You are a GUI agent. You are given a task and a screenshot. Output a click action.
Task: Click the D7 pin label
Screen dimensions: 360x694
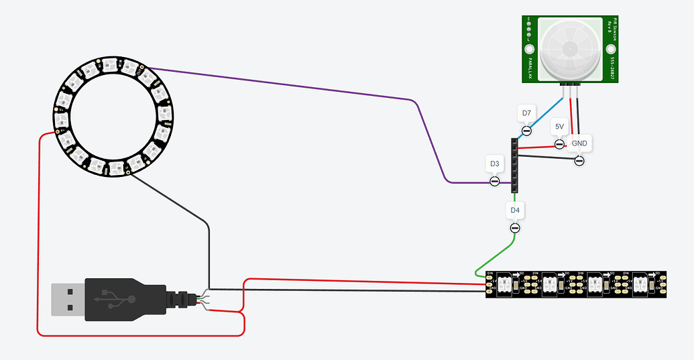[x=526, y=113]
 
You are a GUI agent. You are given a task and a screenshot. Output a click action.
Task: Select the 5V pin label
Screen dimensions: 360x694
[x=559, y=126]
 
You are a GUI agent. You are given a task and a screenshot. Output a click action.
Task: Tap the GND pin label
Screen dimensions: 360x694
[x=579, y=143]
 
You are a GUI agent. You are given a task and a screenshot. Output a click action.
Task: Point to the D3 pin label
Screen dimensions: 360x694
[x=494, y=164]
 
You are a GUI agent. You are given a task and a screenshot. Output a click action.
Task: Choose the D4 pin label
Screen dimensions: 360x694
[x=514, y=211]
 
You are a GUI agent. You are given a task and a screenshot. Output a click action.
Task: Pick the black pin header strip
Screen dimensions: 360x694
[x=514, y=165]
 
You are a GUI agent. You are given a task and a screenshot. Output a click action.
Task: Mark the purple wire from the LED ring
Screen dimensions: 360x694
[x=282, y=84]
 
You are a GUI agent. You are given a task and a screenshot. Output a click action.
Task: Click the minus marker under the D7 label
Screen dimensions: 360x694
[x=526, y=130]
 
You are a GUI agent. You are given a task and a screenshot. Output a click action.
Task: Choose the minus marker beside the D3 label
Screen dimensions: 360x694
[x=494, y=181]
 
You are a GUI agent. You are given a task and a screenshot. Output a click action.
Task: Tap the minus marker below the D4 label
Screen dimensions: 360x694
[x=514, y=228]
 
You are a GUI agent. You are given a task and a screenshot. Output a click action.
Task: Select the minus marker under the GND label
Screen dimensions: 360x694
[x=579, y=161]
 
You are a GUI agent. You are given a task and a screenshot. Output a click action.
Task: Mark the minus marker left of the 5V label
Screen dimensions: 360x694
[x=559, y=143]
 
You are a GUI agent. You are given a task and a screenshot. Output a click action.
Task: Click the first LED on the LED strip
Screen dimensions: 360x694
[x=506, y=284]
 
